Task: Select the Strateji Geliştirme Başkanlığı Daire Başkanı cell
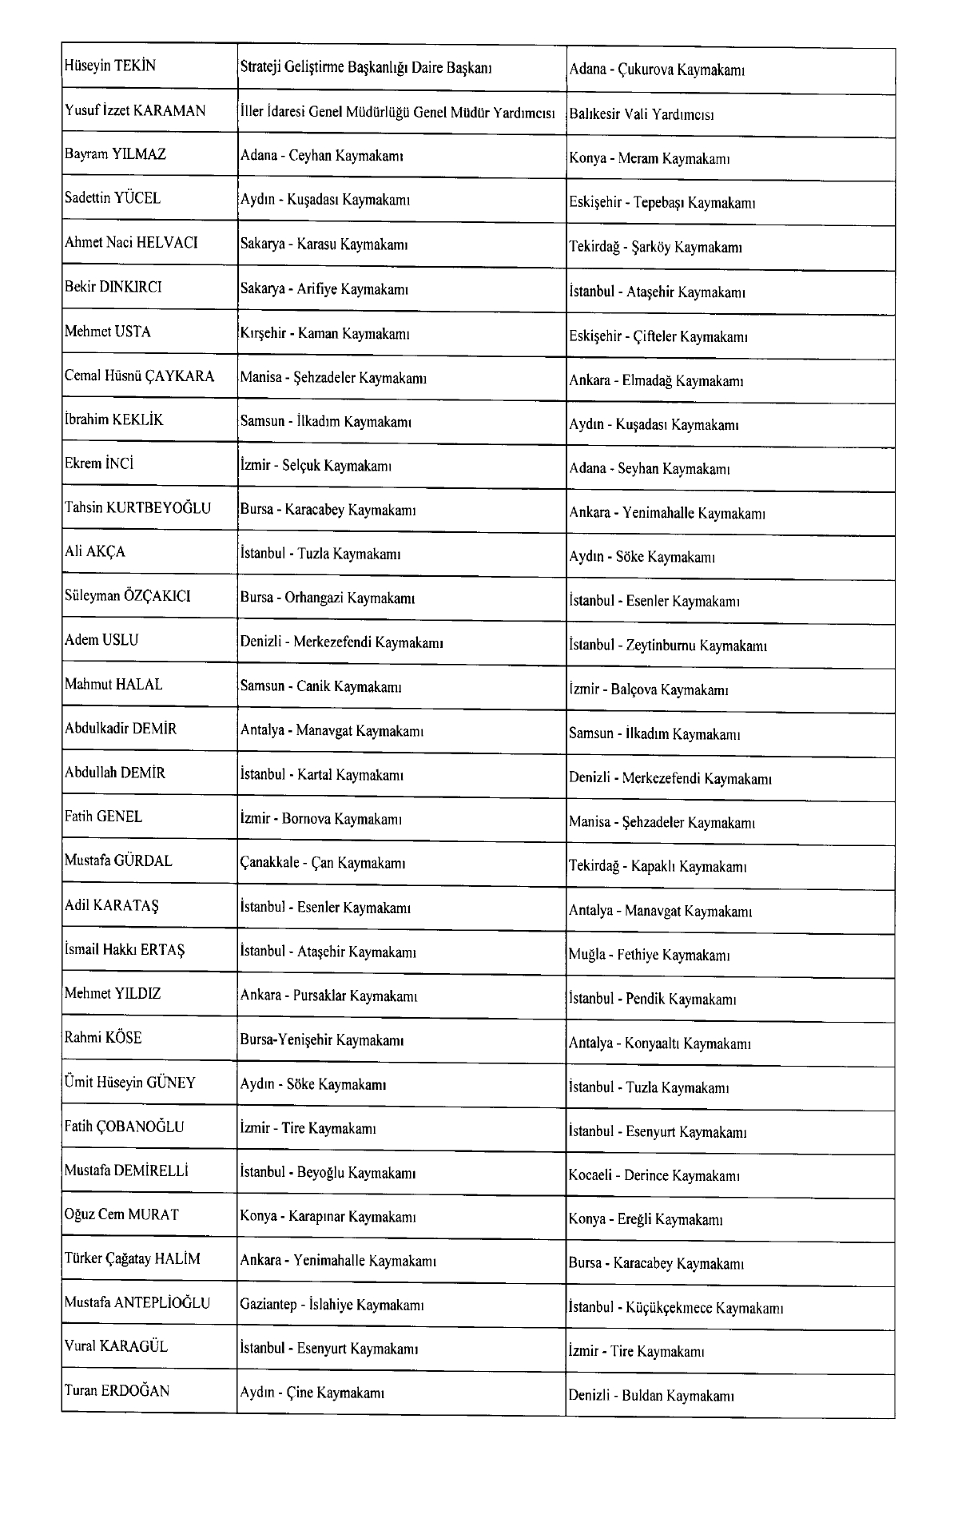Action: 366,68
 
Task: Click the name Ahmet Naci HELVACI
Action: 131,243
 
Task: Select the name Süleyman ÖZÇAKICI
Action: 128,596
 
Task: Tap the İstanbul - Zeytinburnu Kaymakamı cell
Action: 668,646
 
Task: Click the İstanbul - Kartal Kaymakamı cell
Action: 322,774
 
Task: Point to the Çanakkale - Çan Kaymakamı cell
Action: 323,863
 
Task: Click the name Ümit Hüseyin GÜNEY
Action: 130,1083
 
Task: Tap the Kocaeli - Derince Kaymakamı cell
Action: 654,1176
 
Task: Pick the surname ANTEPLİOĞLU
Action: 162,1303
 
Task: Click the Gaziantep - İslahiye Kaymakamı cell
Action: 331,1305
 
